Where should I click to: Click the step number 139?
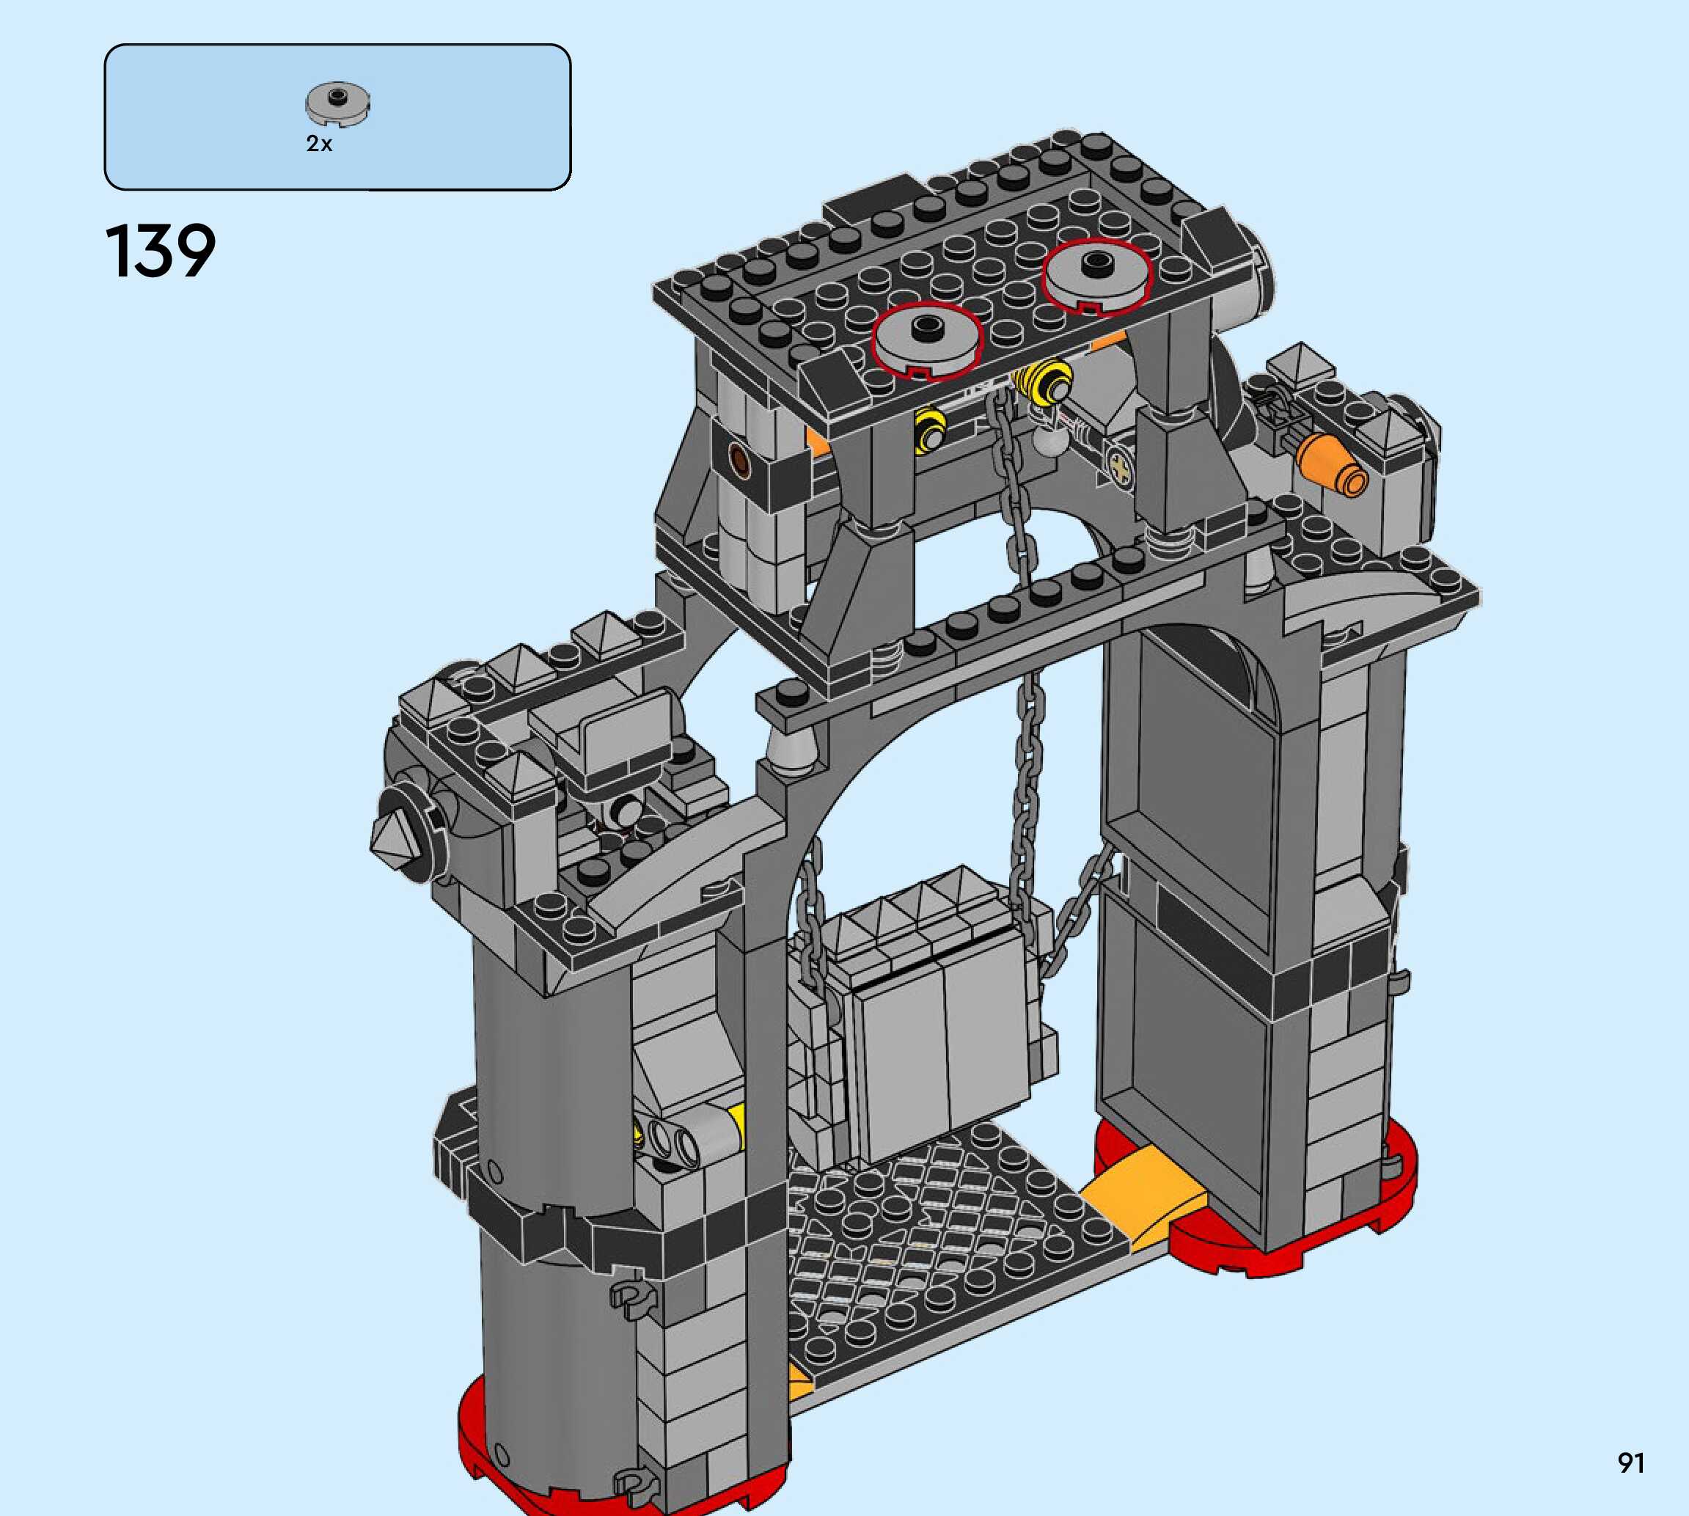[160, 251]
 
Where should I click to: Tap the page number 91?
[1631, 1462]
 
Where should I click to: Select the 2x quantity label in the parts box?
[319, 144]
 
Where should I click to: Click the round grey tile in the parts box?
[337, 105]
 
